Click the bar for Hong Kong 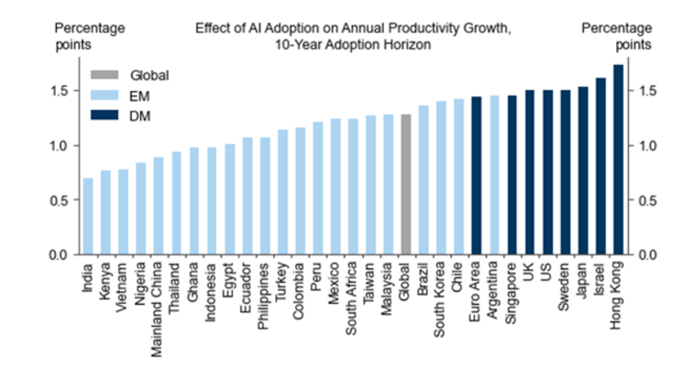coord(618,160)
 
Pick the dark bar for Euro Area coord(477,175)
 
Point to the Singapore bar coord(511,175)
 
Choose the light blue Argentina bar coord(494,175)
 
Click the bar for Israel coord(600,166)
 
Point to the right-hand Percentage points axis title coord(616,36)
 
